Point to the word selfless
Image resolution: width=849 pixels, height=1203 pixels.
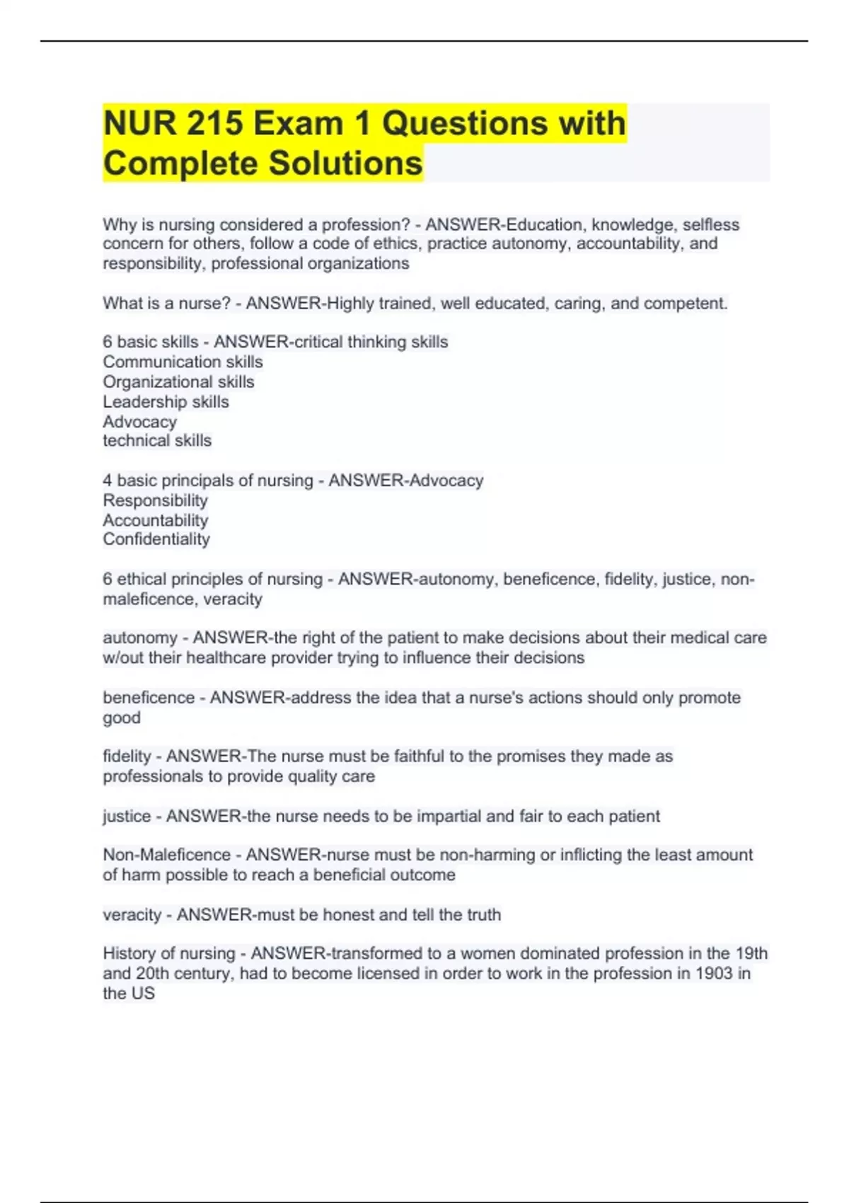coord(710,225)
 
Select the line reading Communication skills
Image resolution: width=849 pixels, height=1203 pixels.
coord(183,362)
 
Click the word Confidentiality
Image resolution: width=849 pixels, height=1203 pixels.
coord(156,539)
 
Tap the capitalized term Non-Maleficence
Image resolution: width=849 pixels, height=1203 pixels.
coord(167,855)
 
